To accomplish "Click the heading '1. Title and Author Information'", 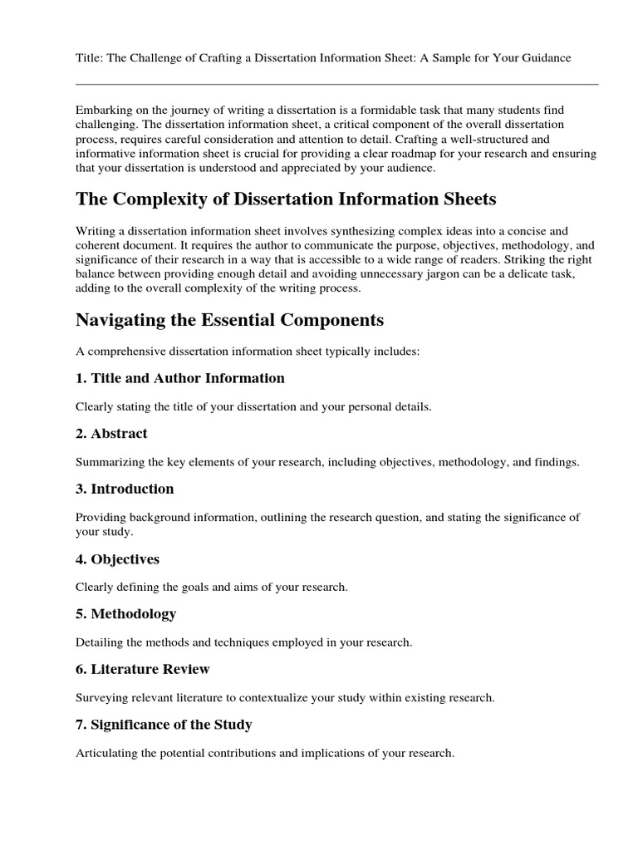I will pyautogui.click(x=179, y=378).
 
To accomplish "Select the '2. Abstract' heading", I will pyautogui.click(x=111, y=433).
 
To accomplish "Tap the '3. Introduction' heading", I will pyautogui.click(x=125, y=489).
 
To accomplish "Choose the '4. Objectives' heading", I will pyautogui.click(x=117, y=559).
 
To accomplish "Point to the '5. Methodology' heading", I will pyautogui.click(x=125, y=614).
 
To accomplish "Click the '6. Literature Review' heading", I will pyautogui.click(x=142, y=669).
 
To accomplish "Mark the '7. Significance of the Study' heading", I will pyautogui.click(x=164, y=725).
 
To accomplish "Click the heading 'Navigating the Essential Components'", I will pyautogui.click(x=229, y=320).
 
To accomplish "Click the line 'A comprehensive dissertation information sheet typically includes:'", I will pyautogui.click(x=248, y=352).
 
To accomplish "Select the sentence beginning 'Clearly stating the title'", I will pyautogui.click(x=253, y=406).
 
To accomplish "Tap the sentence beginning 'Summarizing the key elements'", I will pyautogui.click(x=327, y=461).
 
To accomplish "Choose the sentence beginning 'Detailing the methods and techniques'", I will pyautogui.click(x=243, y=642).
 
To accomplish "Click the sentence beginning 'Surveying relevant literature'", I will pyautogui.click(x=285, y=697).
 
